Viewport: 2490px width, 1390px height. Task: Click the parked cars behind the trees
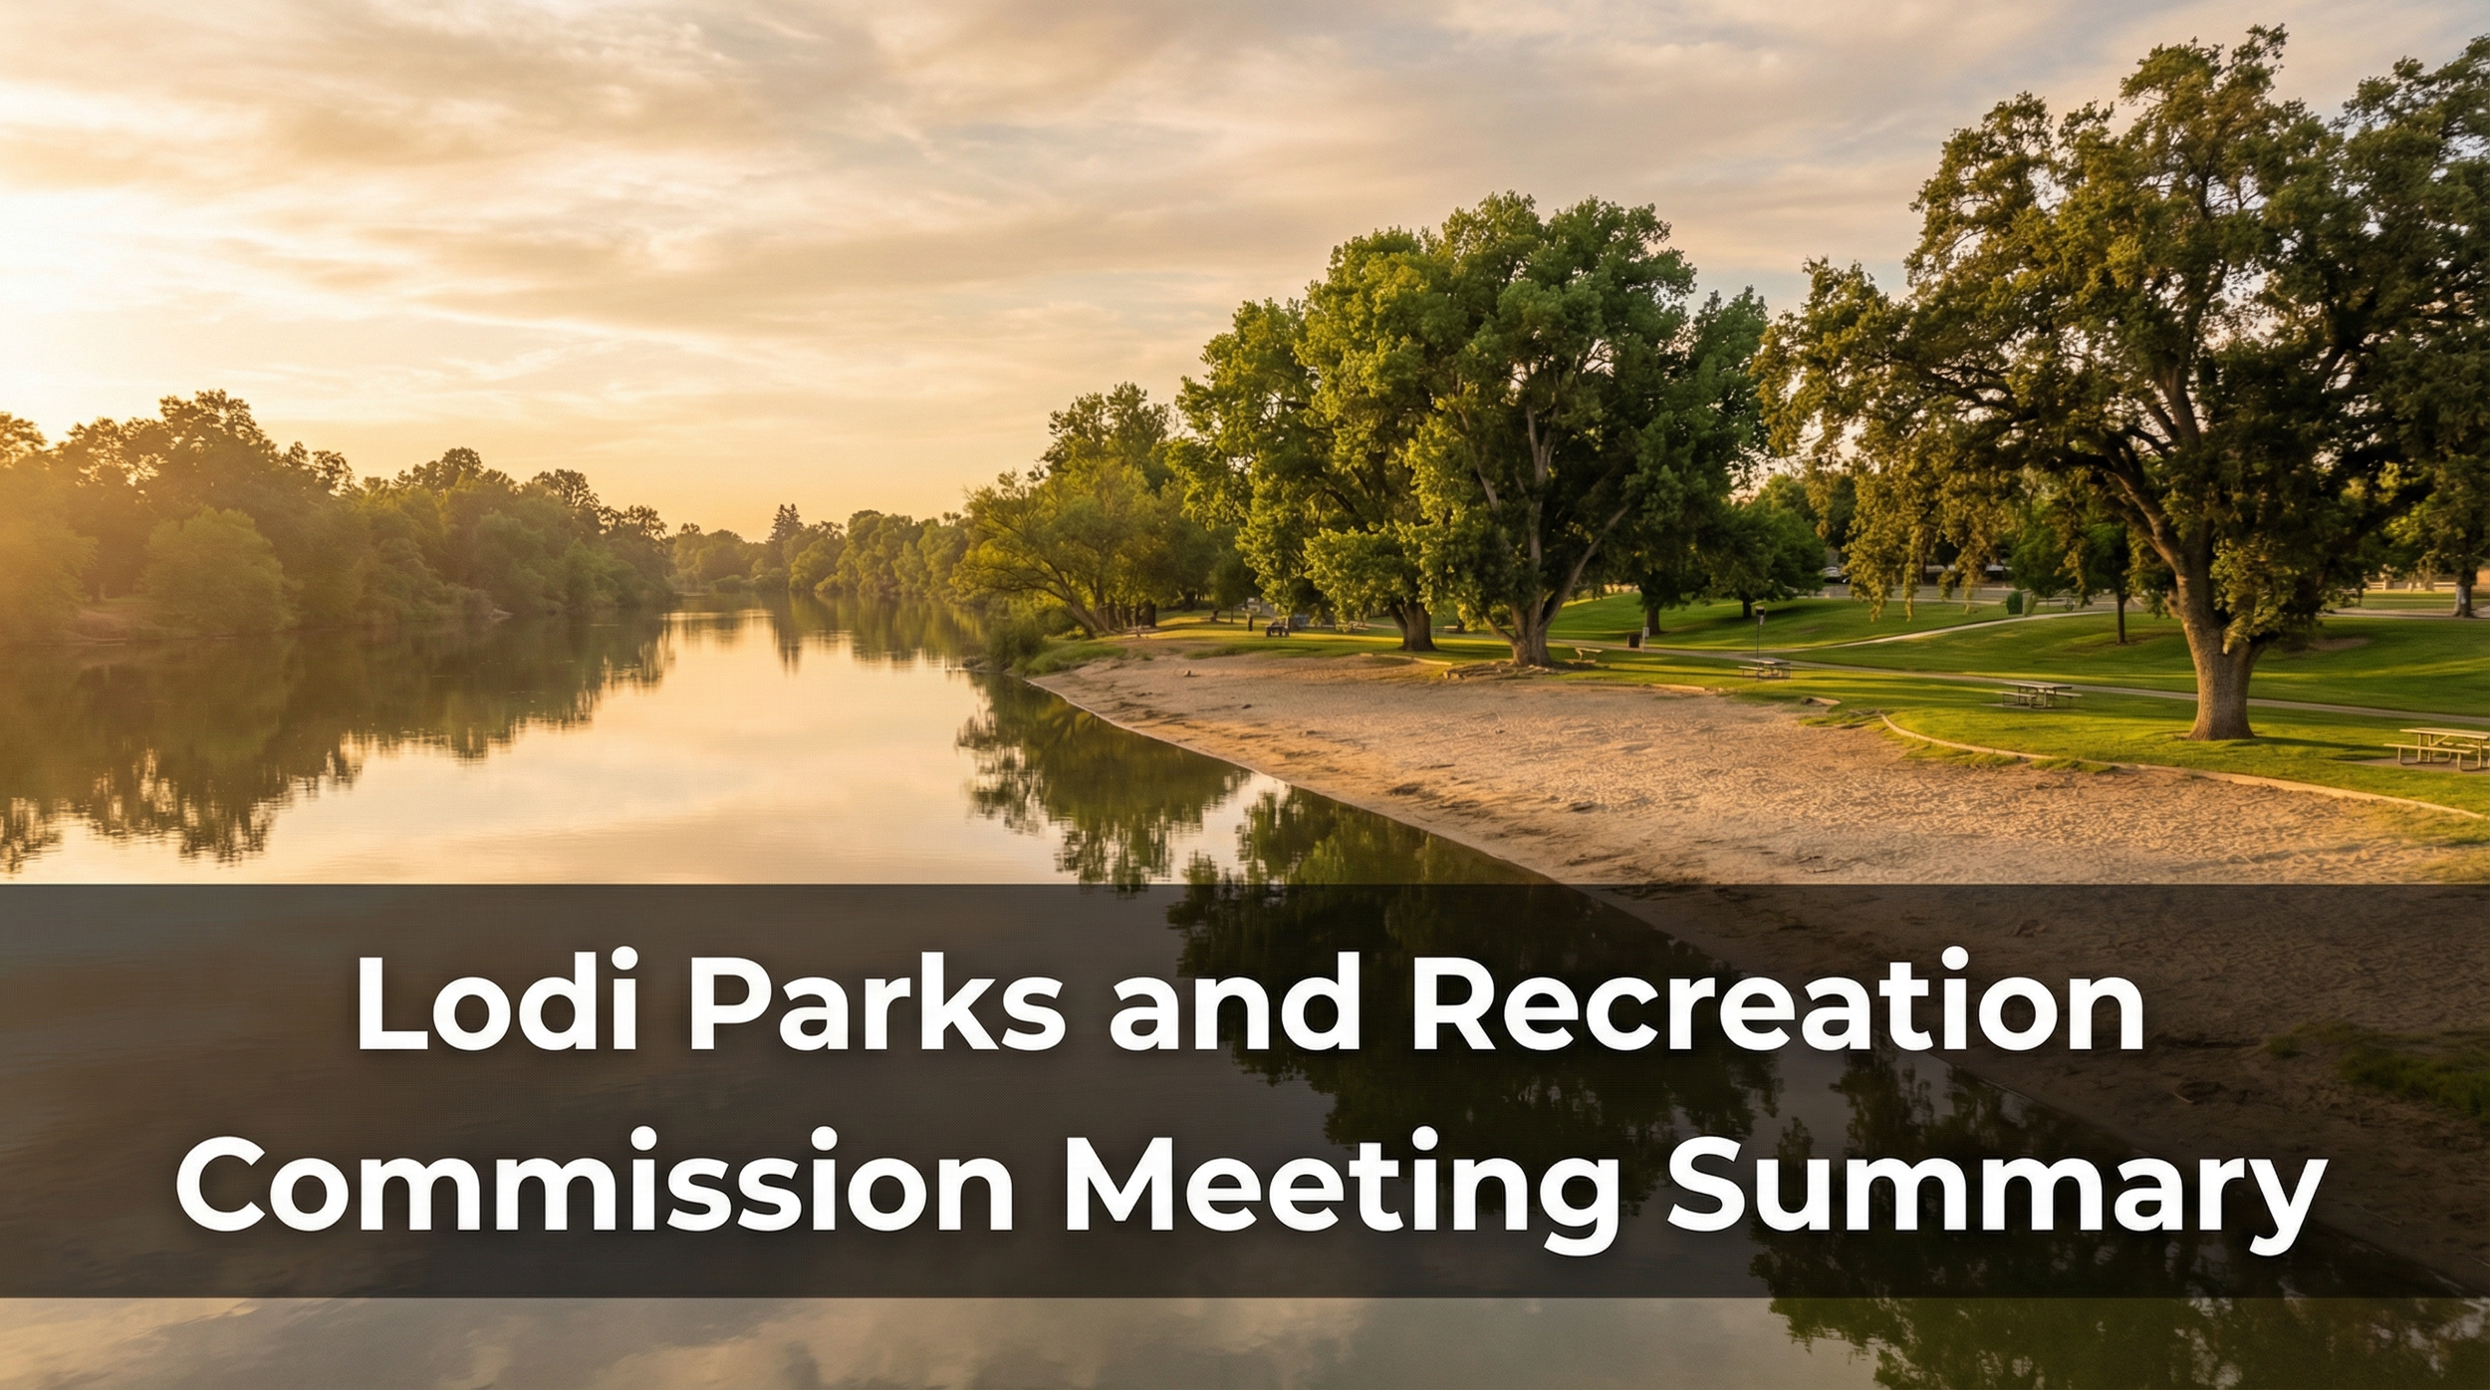click(x=1833, y=574)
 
